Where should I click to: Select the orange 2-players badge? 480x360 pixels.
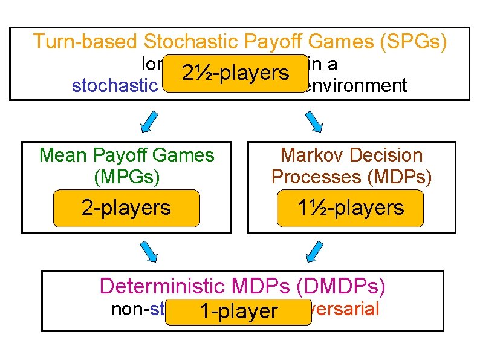pos(126,208)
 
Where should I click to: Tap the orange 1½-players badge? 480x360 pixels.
pos(351,208)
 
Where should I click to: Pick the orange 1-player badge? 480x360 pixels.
pos(238,312)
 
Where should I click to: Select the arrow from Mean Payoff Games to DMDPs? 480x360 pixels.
pos(149,251)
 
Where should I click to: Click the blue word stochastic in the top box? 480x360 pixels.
pos(114,86)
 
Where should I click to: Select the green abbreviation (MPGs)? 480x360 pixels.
pos(126,176)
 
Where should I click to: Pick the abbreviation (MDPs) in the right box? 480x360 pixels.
pos(399,176)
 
